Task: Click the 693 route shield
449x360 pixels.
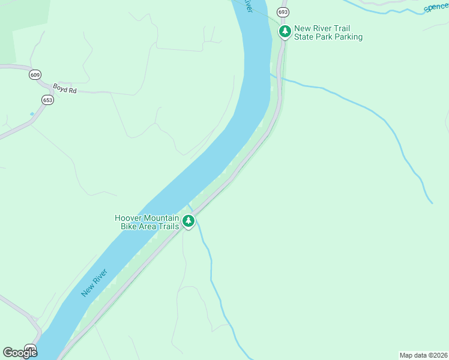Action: click(x=283, y=12)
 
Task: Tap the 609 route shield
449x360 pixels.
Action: click(x=35, y=75)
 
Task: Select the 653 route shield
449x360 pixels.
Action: click(x=47, y=100)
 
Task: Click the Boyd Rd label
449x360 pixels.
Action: click(x=65, y=88)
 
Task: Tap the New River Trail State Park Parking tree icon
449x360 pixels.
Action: click(x=285, y=31)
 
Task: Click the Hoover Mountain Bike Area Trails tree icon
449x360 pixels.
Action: click(x=188, y=221)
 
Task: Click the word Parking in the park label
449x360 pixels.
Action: click(x=348, y=37)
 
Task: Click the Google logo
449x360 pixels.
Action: click(x=20, y=353)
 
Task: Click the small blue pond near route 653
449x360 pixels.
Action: click(x=32, y=113)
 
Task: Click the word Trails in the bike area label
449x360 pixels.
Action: click(x=168, y=226)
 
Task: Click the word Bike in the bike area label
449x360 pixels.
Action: click(x=128, y=226)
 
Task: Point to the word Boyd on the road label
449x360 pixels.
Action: click(x=59, y=87)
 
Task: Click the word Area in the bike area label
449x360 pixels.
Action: click(x=147, y=226)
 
